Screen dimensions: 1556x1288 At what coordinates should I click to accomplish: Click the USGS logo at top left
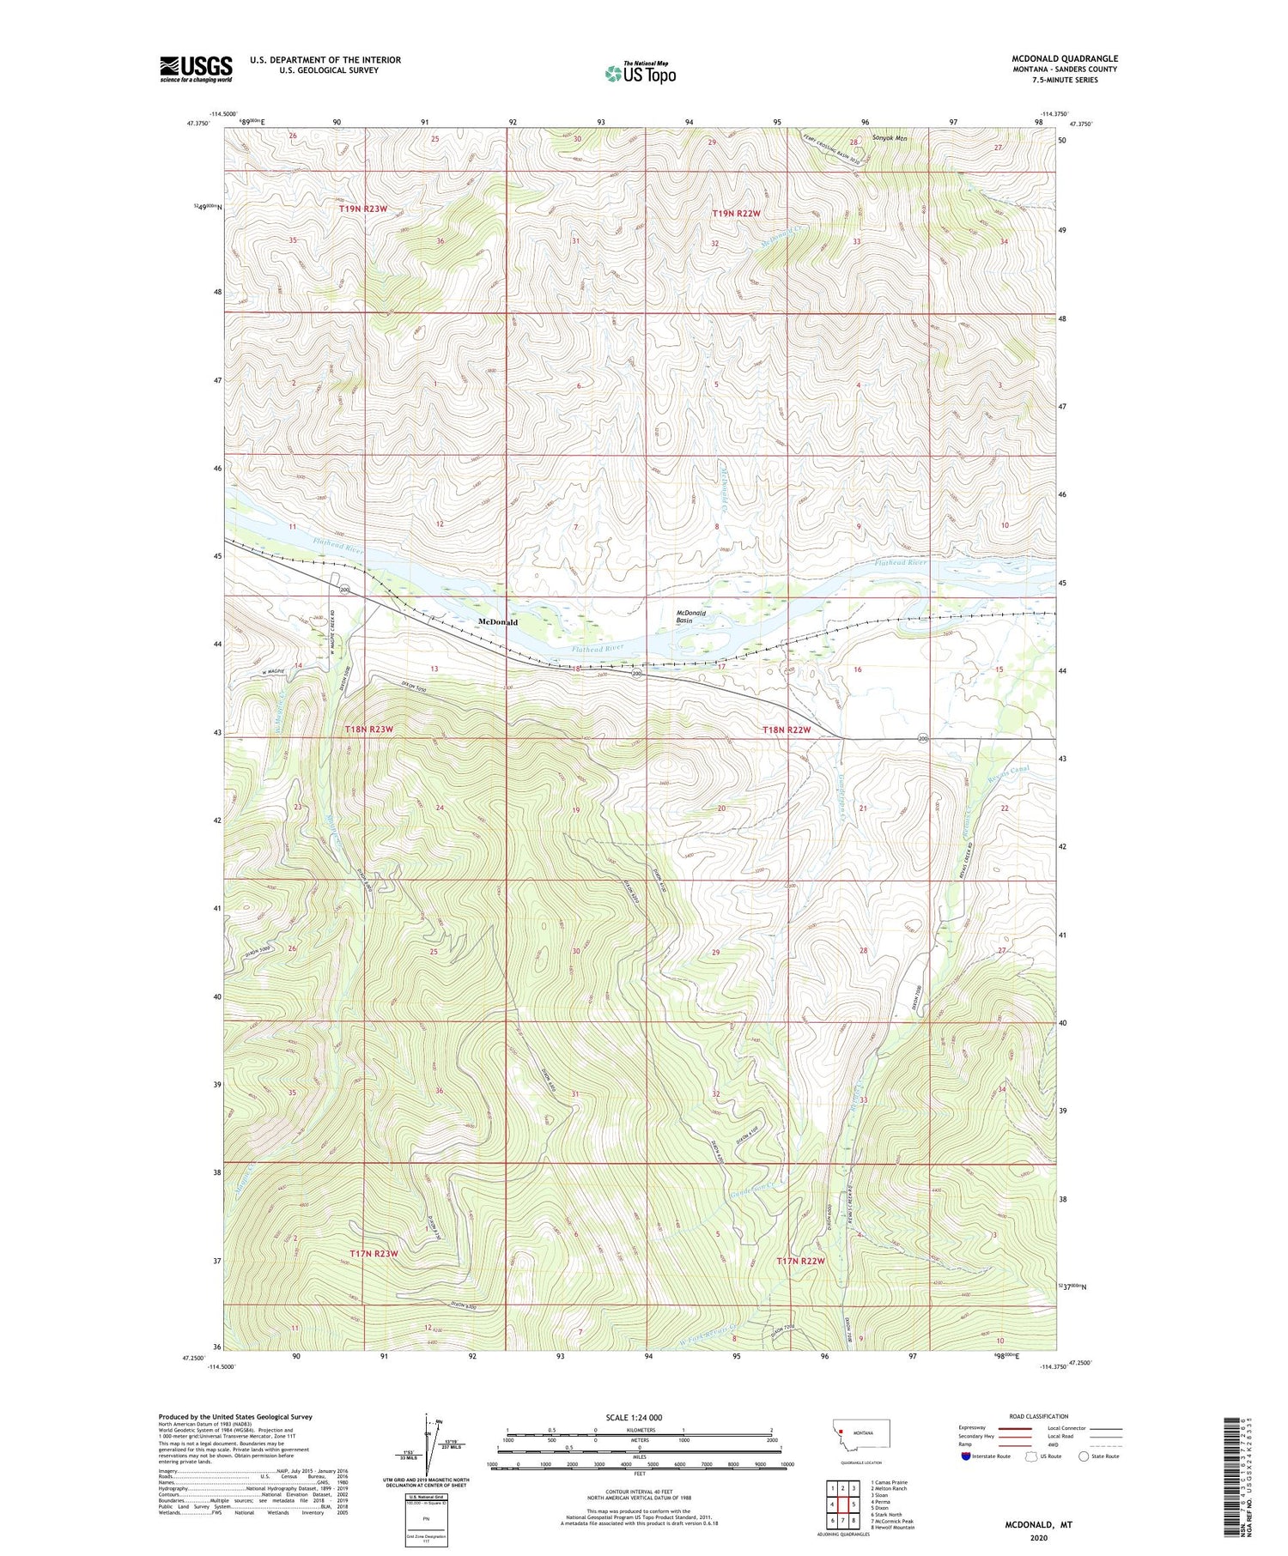click(196, 69)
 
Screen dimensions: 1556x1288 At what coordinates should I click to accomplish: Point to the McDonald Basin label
click(691, 616)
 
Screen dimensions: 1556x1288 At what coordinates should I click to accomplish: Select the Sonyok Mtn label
click(889, 137)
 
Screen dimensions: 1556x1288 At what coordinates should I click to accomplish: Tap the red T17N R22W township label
click(800, 1261)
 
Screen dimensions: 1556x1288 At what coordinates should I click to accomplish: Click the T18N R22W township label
click(787, 730)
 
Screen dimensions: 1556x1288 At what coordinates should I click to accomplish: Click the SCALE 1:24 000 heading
click(639, 1417)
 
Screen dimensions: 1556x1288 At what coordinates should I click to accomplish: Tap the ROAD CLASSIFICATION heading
click(1038, 1416)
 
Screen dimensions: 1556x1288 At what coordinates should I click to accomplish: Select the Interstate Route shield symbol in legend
click(965, 1456)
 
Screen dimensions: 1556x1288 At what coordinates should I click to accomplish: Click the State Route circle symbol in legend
click(1084, 1456)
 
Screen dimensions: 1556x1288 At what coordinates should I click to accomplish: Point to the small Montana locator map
click(861, 1433)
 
